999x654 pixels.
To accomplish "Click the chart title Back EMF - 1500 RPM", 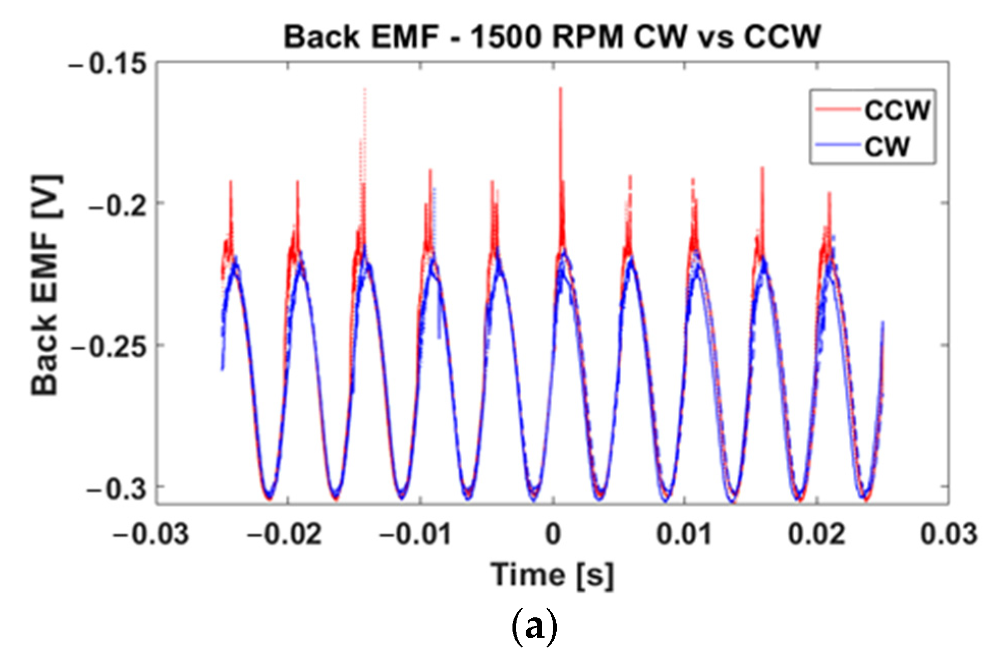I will click(x=552, y=37).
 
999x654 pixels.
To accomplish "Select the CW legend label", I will click(x=887, y=147).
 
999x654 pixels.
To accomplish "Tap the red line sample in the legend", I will click(x=838, y=109).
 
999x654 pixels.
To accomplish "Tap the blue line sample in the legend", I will click(x=838, y=146).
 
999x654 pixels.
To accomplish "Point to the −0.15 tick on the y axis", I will click(x=107, y=65).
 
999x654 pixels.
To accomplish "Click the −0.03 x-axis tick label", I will click(x=151, y=534).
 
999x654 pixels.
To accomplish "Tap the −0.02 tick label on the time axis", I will click(x=284, y=534).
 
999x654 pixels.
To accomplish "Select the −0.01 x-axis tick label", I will click(x=415, y=534).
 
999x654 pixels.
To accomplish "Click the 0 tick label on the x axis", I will click(x=553, y=534).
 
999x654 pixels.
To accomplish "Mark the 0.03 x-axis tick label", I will click(x=948, y=534).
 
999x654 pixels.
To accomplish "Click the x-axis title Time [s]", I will click(x=552, y=575).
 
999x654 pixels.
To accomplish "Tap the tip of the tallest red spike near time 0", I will click(x=560, y=89).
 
